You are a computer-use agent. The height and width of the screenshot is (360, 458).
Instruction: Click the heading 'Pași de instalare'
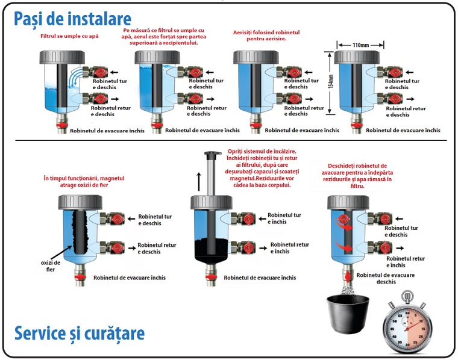pyautogui.click(x=72, y=19)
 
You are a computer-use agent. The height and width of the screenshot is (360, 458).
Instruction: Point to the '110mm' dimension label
pyautogui.click(x=362, y=45)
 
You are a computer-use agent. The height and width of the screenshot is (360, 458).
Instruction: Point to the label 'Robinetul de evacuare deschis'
pyautogui.click(x=386, y=278)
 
